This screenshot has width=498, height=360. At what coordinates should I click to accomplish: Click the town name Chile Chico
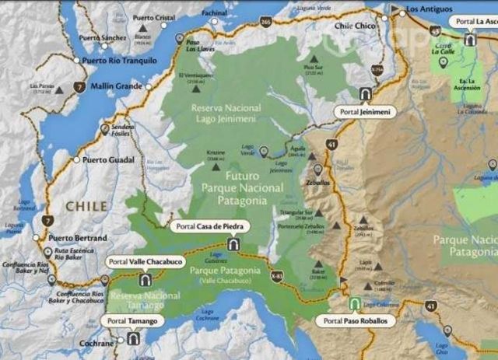click(355, 25)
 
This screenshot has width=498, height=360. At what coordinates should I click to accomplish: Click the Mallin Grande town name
click(117, 86)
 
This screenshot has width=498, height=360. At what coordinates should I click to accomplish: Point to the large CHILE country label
click(86, 206)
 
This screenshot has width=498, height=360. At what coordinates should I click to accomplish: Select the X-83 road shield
click(278, 274)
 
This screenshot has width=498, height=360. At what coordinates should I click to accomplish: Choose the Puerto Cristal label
click(156, 17)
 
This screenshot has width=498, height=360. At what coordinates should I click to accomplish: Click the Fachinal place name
click(214, 13)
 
